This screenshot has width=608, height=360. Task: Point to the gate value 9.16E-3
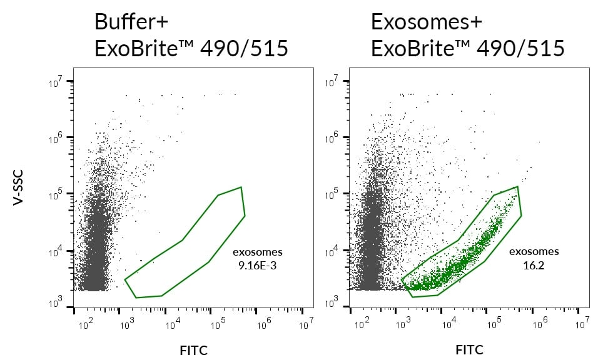click(x=257, y=265)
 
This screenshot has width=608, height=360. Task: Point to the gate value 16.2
click(x=533, y=265)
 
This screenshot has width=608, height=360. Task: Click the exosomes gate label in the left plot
click(x=257, y=252)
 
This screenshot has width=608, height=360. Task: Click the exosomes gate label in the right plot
click(x=533, y=252)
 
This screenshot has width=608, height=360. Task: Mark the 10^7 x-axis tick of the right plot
click(x=582, y=323)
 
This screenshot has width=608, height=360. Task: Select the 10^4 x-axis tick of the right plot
click(x=448, y=323)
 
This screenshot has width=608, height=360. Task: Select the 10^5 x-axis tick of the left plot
click(x=218, y=323)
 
